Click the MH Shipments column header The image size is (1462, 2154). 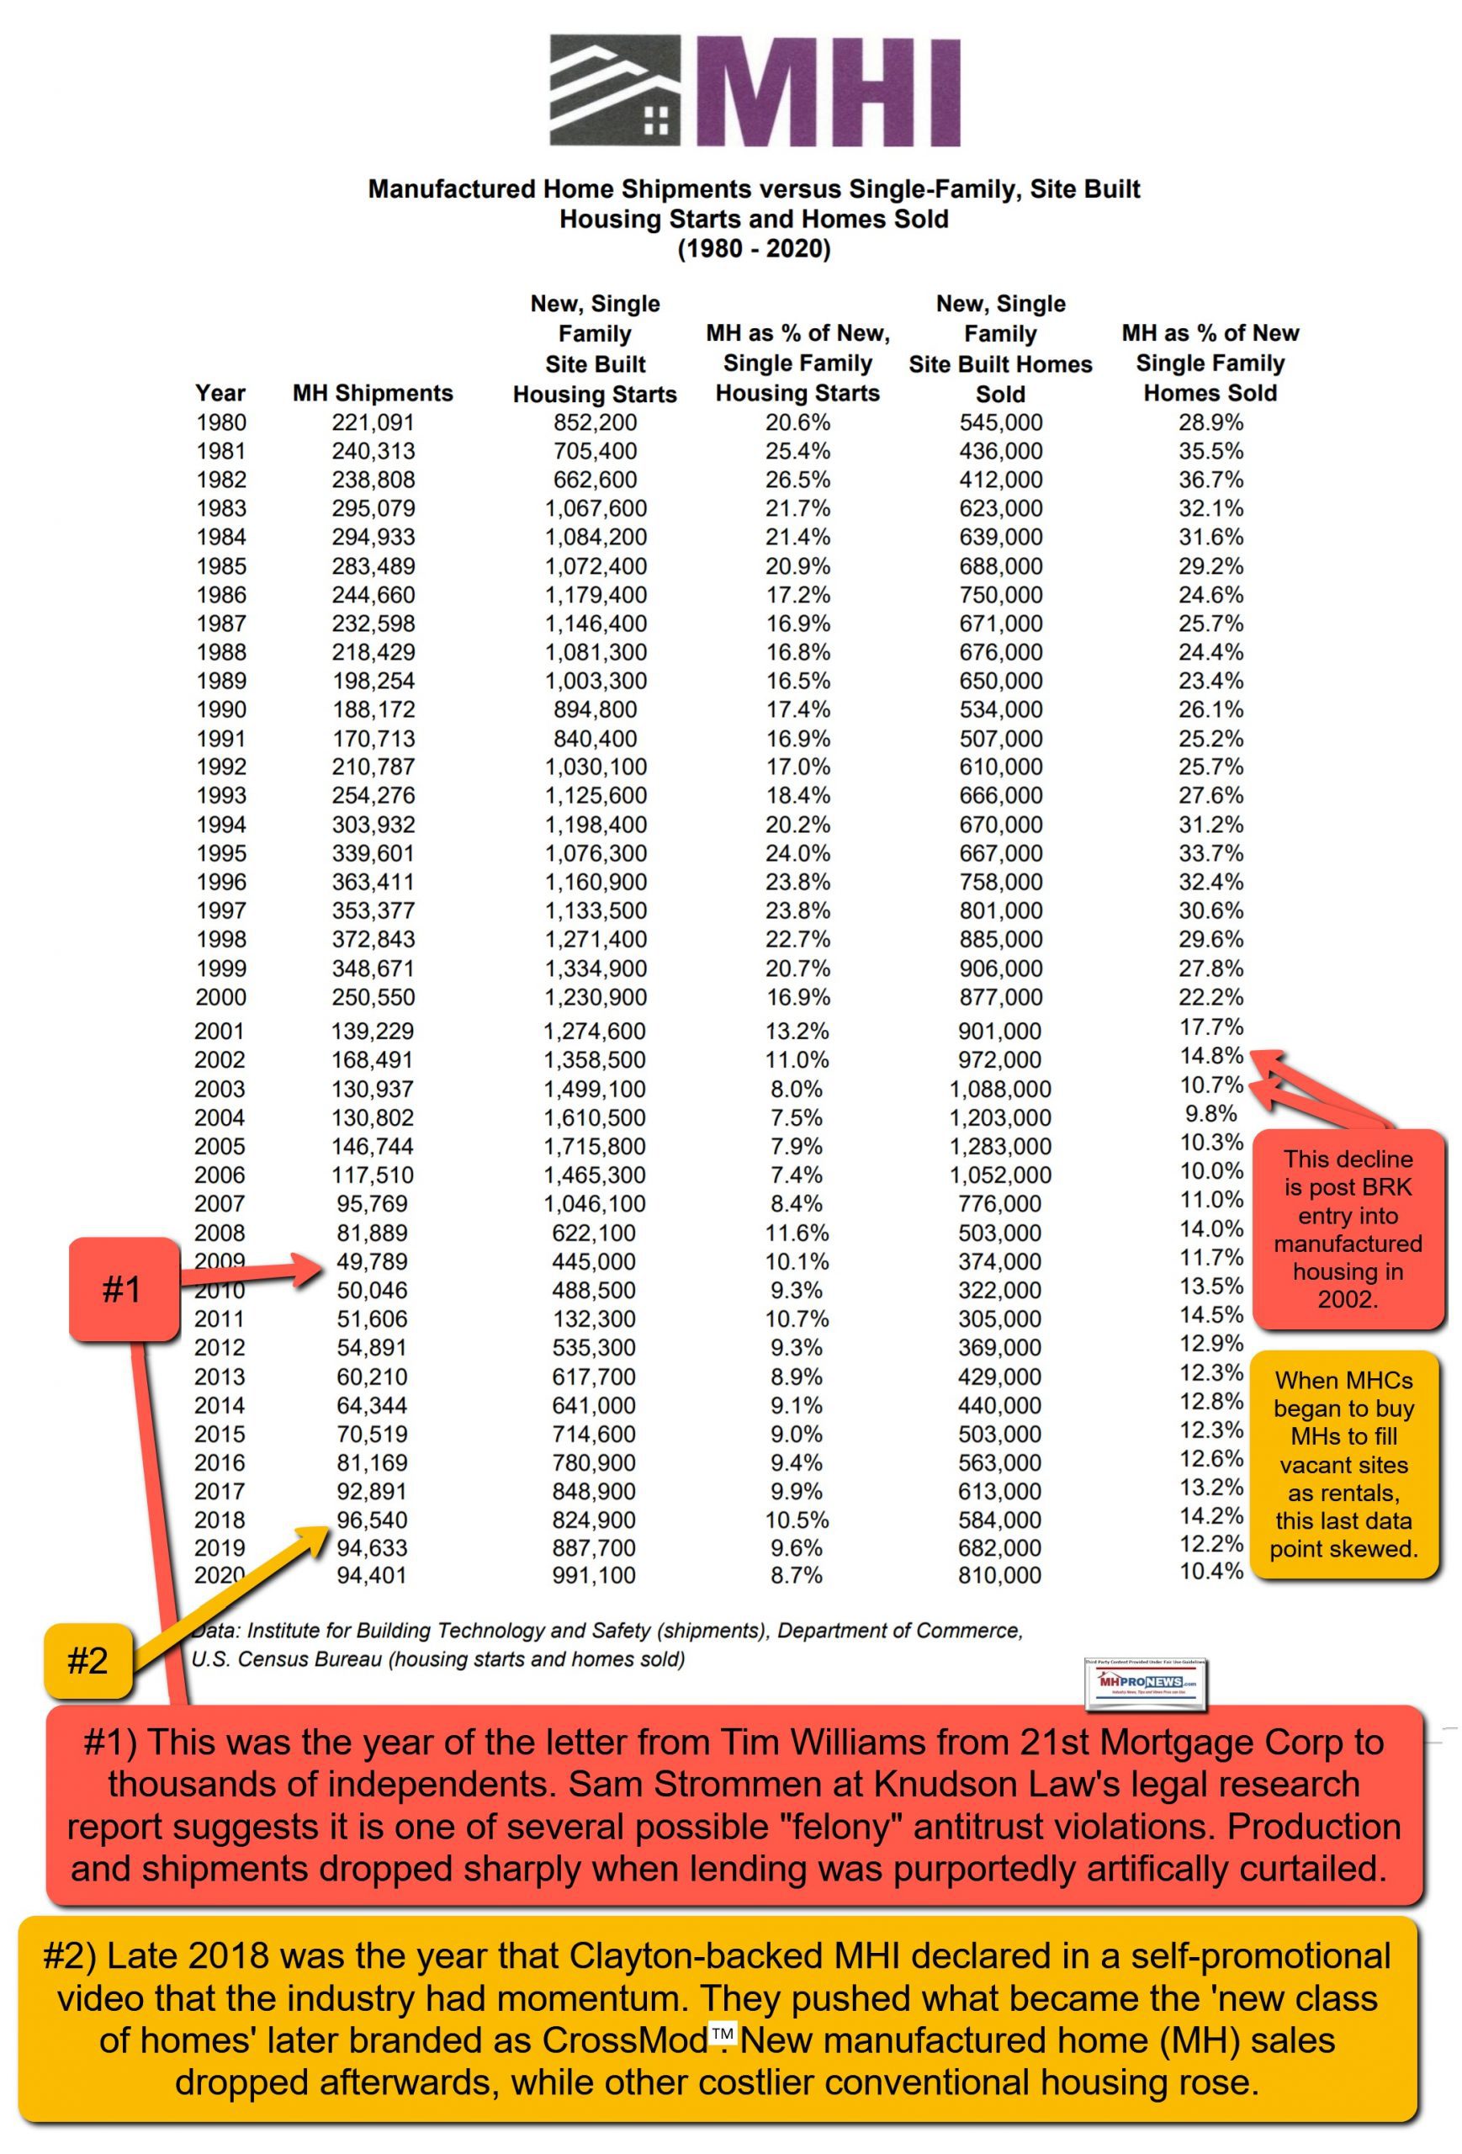click(x=373, y=393)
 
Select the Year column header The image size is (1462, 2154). click(x=220, y=393)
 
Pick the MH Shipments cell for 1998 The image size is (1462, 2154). click(x=373, y=939)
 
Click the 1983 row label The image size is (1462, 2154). click(x=220, y=508)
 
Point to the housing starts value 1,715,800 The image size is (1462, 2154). click(x=594, y=1146)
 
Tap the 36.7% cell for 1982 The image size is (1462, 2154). click(x=1210, y=480)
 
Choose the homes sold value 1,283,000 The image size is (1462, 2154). click(x=999, y=1146)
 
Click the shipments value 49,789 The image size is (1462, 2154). click(x=373, y=1261)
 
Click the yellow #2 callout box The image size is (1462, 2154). click(x=89, y=1660)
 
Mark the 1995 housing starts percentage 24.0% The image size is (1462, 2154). click(x=797, y=852)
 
